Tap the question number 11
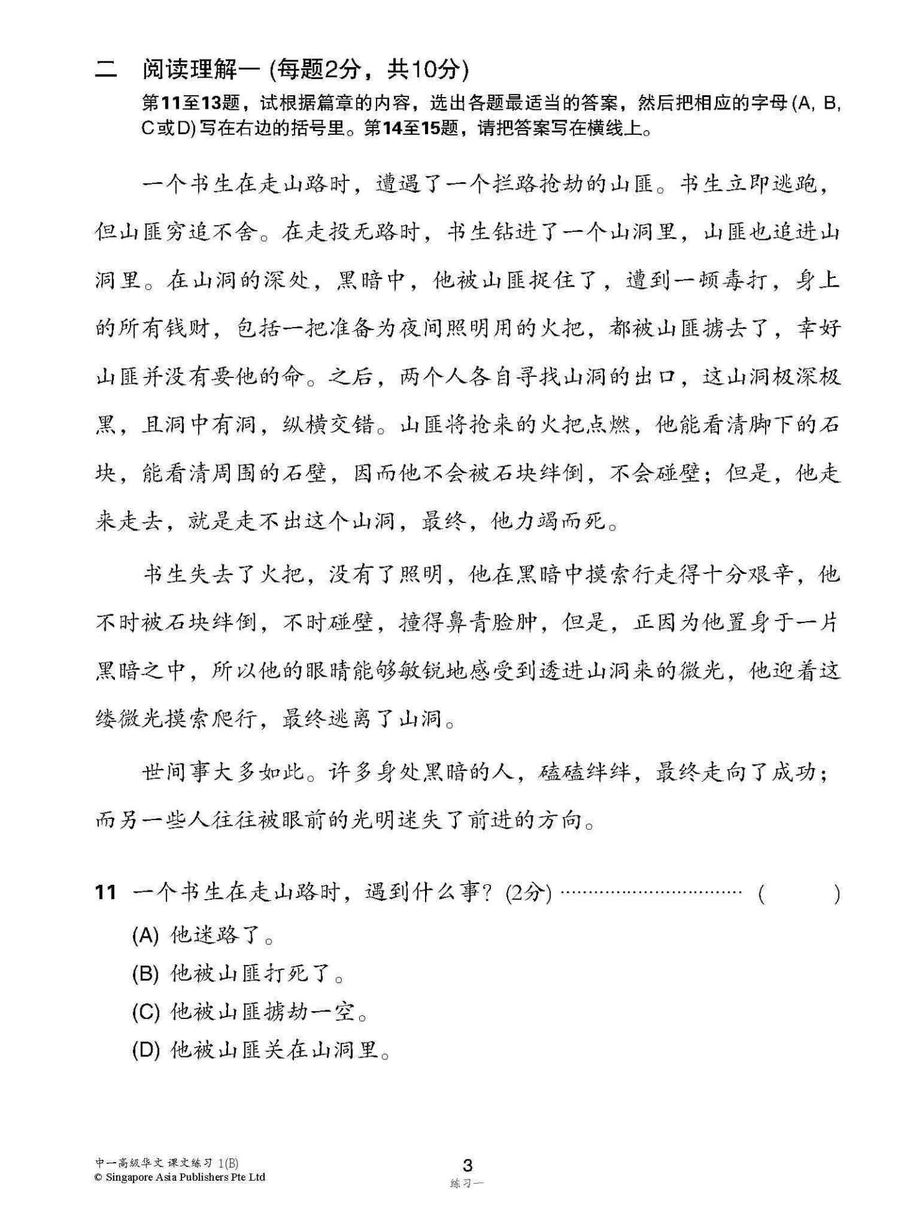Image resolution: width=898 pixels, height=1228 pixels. click(106, 893)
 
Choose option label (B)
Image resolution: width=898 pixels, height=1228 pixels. click(145, 974)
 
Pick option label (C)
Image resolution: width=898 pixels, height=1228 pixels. click(145, 1012)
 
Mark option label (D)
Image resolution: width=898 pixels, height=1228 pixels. click(145, 1051)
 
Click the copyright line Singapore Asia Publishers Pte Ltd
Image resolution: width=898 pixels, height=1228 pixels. click(180, 1177)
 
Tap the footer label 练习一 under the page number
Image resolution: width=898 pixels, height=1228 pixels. click(467, 1183)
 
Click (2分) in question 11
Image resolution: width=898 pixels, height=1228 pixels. click(528, 893)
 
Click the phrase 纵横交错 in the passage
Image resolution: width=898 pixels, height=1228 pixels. click(329, 425)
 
